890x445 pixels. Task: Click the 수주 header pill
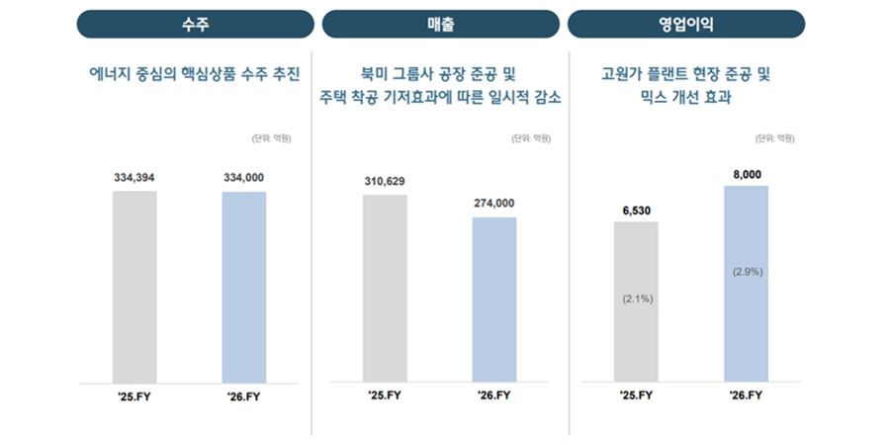195,24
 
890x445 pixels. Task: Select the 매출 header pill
440,24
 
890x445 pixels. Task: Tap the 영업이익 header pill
685,24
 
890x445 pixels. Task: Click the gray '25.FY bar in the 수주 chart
134,286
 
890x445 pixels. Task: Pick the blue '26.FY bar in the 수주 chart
244,286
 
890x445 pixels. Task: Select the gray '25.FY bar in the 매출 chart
385,288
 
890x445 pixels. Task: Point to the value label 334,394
134,177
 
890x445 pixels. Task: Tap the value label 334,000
244,177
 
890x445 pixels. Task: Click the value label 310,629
385,181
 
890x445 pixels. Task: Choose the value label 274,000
494,203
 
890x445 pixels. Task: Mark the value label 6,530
635,209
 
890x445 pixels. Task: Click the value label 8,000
747,173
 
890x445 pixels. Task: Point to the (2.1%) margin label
635,298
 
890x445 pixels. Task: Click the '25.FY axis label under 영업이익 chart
635,396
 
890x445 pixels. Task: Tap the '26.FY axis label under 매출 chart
493,396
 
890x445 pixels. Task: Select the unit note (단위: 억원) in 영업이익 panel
774,138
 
